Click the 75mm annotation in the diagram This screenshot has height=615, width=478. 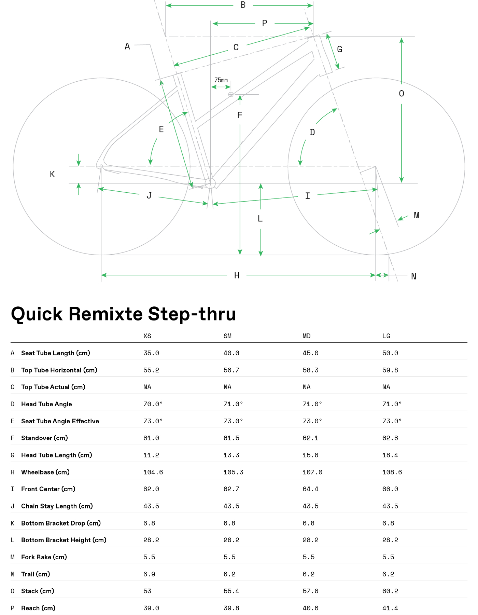coord(221,80)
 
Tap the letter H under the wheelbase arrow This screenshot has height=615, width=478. coord(237,275)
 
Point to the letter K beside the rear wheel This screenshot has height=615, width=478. coord(52,174)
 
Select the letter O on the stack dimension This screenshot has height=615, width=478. coord(402,94)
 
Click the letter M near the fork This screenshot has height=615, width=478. coord(417,215)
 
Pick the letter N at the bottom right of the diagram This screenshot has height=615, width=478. coord(413,276)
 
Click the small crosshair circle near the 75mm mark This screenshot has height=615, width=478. coord(231,94)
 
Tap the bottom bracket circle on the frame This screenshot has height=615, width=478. coord(210,183)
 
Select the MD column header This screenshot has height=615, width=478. coord(307,336)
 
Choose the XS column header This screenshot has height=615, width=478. coord(147,336)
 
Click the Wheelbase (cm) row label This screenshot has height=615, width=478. coord(45,472)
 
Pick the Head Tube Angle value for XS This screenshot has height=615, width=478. coord(153,404)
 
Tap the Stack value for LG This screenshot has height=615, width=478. coord(390,591)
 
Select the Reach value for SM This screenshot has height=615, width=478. coord(231,608)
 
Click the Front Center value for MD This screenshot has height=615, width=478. coord(311,489)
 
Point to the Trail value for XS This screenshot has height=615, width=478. coord(149,574)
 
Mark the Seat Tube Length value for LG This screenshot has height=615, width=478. coord(390,353)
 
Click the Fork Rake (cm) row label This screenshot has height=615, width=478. coord(44,557)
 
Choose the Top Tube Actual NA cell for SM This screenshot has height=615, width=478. coord(227,387)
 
